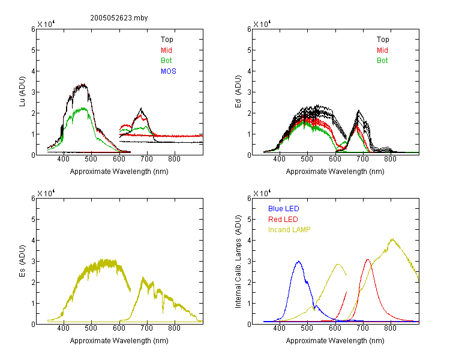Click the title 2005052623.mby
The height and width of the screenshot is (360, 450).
point(119,18)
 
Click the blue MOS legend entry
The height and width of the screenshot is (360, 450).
point(169,71)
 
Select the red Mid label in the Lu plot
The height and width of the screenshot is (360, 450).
point(166,50)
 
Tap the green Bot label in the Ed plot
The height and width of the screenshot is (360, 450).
point(382,61)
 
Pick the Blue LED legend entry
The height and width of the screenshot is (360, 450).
point(284,209)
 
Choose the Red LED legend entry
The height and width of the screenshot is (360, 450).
point(283,220)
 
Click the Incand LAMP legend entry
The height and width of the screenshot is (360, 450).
point(289,230)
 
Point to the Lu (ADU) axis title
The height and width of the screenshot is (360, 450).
point(22,91)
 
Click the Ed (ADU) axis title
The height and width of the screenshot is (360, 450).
point(238,91)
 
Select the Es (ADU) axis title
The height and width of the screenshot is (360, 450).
point(22,260)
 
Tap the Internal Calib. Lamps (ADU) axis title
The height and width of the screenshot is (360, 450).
point(238,262)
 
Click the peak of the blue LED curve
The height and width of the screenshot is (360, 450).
point(298,261)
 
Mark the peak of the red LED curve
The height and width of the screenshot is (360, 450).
point(368,260)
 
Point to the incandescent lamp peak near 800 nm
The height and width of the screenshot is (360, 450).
point(392,239)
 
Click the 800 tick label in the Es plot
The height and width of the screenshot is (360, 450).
point(174,328)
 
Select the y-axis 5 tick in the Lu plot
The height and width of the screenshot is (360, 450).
point(33,50)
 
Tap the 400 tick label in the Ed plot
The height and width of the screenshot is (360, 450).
point(279,159)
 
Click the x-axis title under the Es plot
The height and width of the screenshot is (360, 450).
point(119,341)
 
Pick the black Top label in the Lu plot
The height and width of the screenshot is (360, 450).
point(167,40)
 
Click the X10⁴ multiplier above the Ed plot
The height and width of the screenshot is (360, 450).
point(262,24)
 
